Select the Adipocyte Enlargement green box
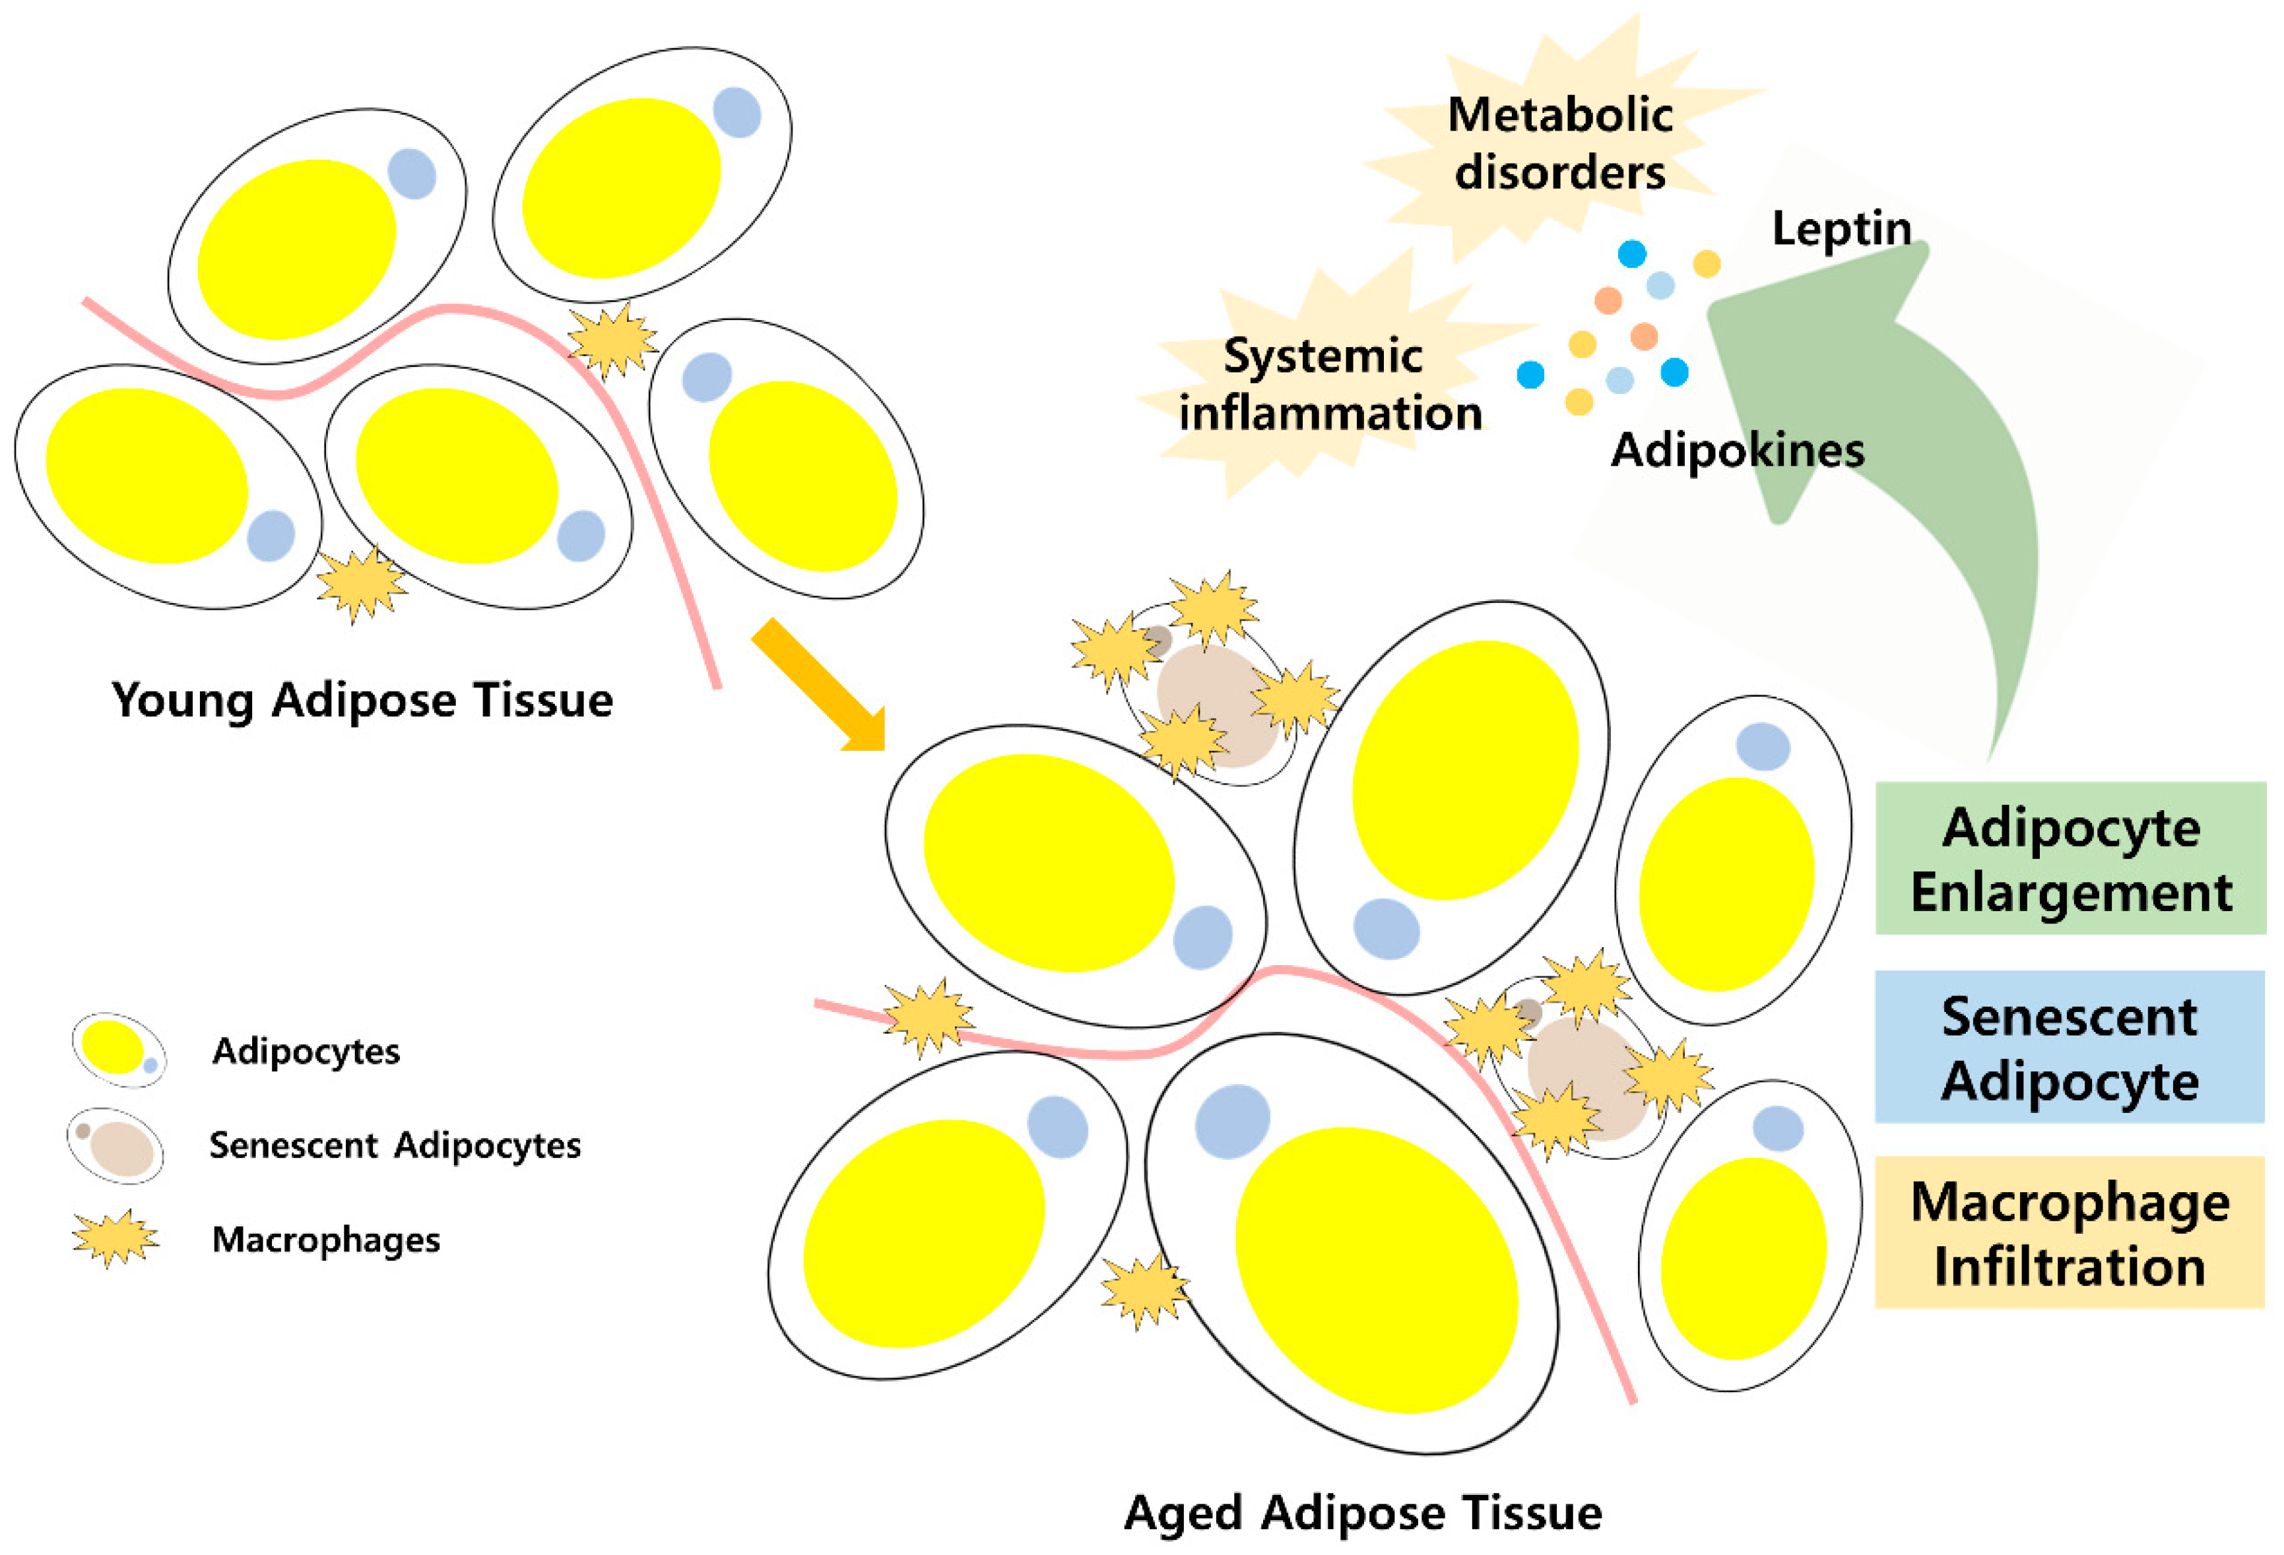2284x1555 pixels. [2070, 858]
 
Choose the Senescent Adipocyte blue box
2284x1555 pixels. [2069, 1046]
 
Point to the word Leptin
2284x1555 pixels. [1841, 229]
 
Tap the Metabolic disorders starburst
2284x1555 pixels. [1559, 143]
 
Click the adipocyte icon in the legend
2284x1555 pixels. [118, 1049]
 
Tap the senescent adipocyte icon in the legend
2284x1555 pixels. [115, 1145]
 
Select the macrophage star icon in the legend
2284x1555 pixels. [115, 1238]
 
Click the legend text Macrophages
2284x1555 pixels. [325, 1240]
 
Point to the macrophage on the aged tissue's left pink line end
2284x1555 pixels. [928, 1017]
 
